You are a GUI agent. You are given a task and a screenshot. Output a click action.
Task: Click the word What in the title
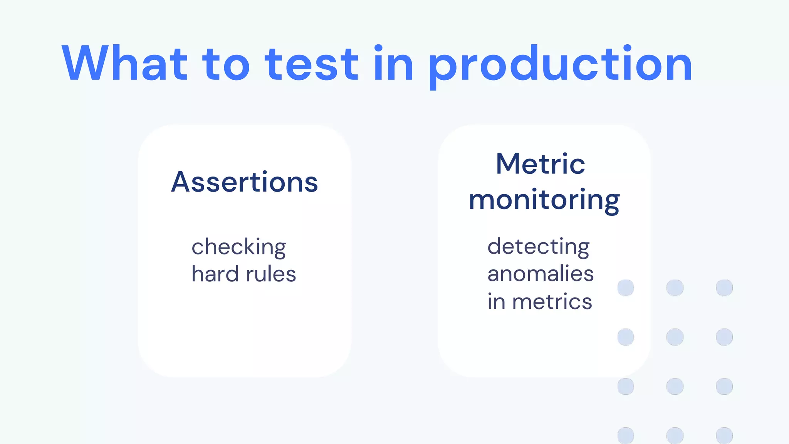(x=124, y=64)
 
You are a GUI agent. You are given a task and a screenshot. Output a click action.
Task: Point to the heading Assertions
(x=245, y=182)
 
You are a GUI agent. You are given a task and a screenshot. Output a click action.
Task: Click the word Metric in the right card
(x=540, y=164)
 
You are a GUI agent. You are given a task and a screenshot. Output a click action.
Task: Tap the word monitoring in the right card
(x=544, y=200)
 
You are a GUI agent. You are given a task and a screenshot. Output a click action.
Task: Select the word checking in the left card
(x=239, y=247)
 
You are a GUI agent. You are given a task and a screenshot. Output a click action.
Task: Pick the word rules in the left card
(x=271, y=274)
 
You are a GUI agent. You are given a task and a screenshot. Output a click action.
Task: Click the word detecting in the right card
(x=538, y=247)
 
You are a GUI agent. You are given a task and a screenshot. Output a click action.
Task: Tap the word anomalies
(x=540, y=274)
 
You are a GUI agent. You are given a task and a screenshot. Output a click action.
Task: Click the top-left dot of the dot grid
(x=626, y=288)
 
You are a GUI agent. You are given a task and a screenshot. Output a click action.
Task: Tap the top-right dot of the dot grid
(x=724, y=288)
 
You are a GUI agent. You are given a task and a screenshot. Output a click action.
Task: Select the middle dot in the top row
(x=675, y=288)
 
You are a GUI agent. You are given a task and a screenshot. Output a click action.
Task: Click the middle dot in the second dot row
(x=675, y=337)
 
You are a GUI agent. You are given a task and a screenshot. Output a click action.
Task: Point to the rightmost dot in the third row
(x=724, y=387)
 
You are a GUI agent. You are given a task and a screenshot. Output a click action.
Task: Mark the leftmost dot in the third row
(x=626, y=387)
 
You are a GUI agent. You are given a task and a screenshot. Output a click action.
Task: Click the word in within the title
(x=393, y=64)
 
